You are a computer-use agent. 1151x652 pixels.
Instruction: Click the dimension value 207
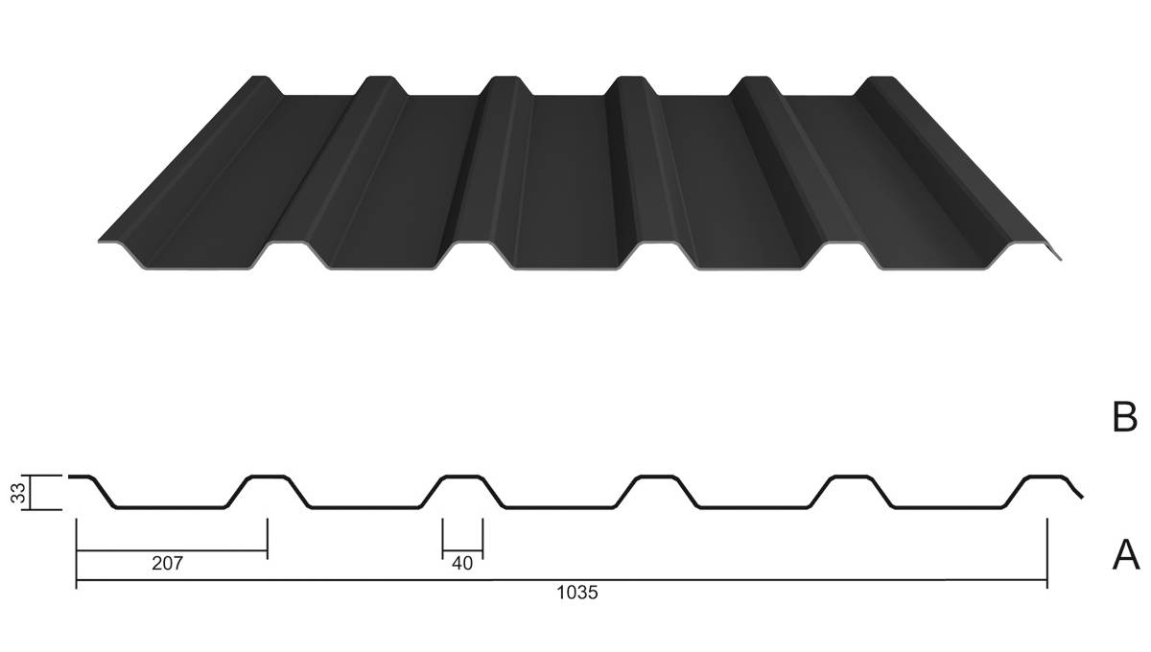click(167, 564)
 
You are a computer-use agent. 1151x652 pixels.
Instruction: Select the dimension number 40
click(462, 564)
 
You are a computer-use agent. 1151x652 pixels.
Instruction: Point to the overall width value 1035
click(577, 593)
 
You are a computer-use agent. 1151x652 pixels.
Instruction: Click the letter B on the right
click(1124, 417)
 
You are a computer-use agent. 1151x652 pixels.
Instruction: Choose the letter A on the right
click(1125, 554)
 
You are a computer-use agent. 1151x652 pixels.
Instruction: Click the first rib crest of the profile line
click(82, 477)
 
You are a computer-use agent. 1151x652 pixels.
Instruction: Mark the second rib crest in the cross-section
click(268, 477)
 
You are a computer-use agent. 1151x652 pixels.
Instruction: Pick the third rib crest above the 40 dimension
click(462, 477)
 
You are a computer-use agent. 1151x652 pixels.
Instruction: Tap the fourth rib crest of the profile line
click(657, 477)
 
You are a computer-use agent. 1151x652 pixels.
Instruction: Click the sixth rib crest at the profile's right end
click(1045, 477)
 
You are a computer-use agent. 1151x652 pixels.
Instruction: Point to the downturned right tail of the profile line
click(1077, 490)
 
